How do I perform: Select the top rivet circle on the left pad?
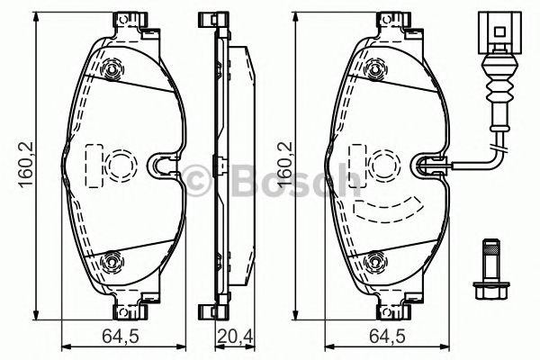point(112,69)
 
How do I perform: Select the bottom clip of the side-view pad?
point(213,310)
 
